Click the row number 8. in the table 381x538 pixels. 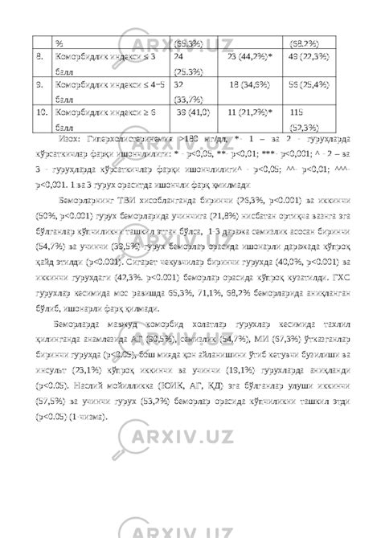pyautogui.click(x=38, y=58)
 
